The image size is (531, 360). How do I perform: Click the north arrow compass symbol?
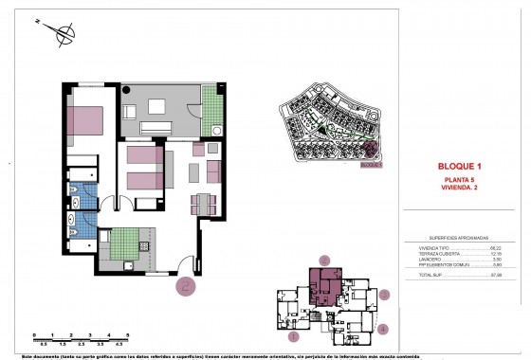coord(64,37)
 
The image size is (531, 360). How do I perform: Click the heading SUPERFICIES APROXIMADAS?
coord(460,238)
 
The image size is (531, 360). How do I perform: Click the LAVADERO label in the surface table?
coord(431,259)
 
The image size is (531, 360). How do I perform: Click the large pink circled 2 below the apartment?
coord(187,281)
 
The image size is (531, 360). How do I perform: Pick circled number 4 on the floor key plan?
coord(382,329)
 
